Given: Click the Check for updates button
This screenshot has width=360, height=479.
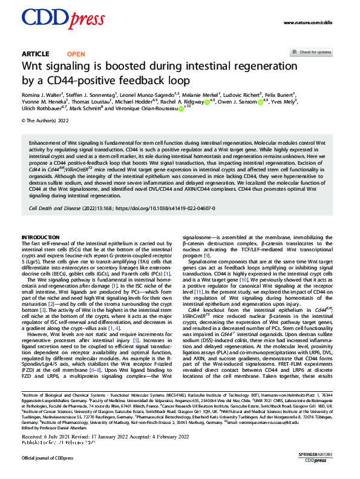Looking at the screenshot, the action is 315,53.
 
